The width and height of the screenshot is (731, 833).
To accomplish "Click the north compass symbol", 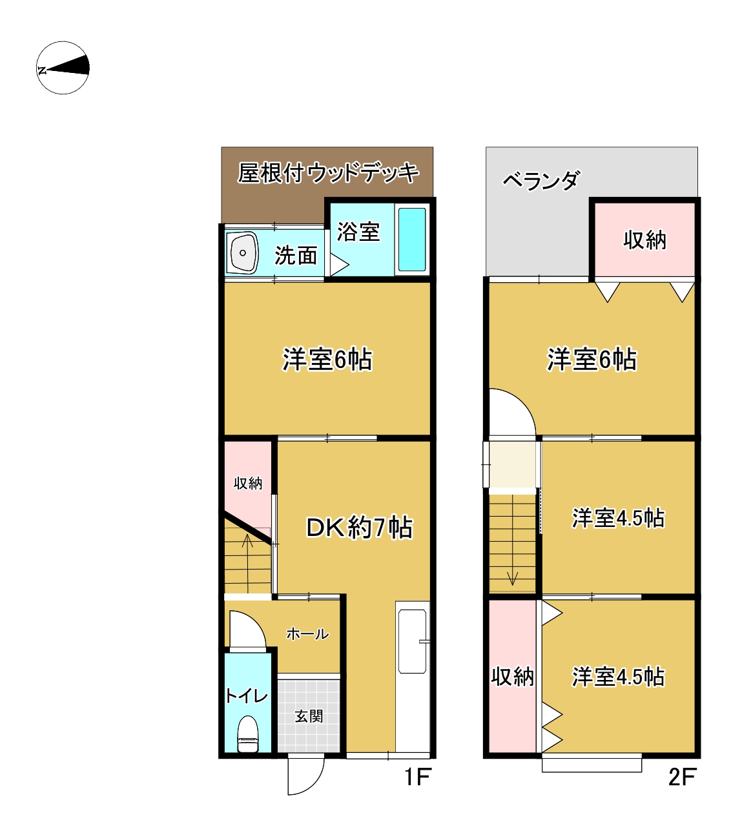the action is pyautogui.click(x=63, y=68).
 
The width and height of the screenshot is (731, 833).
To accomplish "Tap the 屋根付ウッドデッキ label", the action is pyautogui.click(x=328, y=172).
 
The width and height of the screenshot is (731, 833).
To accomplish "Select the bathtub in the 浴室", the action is pyautogui.click(x=411, y=240).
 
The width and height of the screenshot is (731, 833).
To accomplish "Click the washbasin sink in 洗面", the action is pyautogui.click(x=243, y=252).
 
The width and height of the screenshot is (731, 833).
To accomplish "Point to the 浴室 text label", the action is pyautogui.click(x=358, y=232).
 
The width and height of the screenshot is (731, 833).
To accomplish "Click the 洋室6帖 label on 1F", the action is pyautogui.click(x=327, y=360).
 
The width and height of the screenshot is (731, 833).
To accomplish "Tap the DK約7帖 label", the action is pyautogui.click(x=359, y=527).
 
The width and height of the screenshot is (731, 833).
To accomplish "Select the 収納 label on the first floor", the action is pyautogui.click(x=248, y=483).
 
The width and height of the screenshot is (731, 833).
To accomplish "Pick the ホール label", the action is pyautogui.click(x=307, y=634).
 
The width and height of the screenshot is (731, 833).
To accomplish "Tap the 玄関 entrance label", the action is pyautogui.click(x=309, y=717).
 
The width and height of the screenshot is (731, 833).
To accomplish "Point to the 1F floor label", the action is pyautogui.click(x=417, y=777).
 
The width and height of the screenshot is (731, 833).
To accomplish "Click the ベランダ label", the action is pyautogui.click(x=541, y=181).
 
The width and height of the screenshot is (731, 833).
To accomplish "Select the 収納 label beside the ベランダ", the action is pyautogui.click(x=644, y=240).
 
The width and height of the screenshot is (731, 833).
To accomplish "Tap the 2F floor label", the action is pyautogui.click(x=682, y=777).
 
